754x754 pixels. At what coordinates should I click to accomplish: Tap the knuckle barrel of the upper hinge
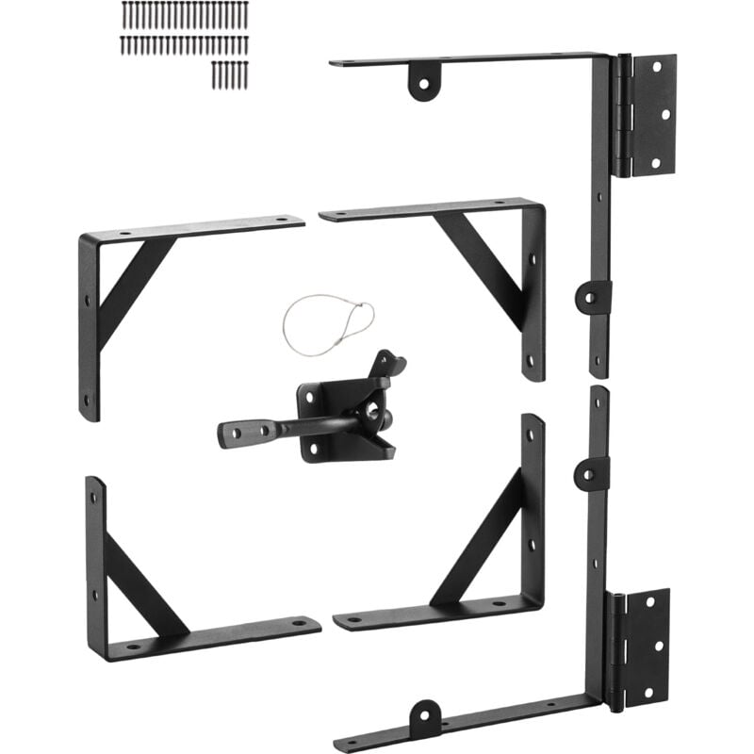[x=622, y=115]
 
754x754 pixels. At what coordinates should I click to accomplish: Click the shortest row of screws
[x=230, y=74]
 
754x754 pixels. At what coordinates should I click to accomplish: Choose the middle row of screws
[x=185, y=45]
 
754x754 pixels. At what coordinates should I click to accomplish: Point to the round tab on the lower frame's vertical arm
[x=590, y=472]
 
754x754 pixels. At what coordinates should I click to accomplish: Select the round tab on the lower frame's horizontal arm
[x=424, y=718]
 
